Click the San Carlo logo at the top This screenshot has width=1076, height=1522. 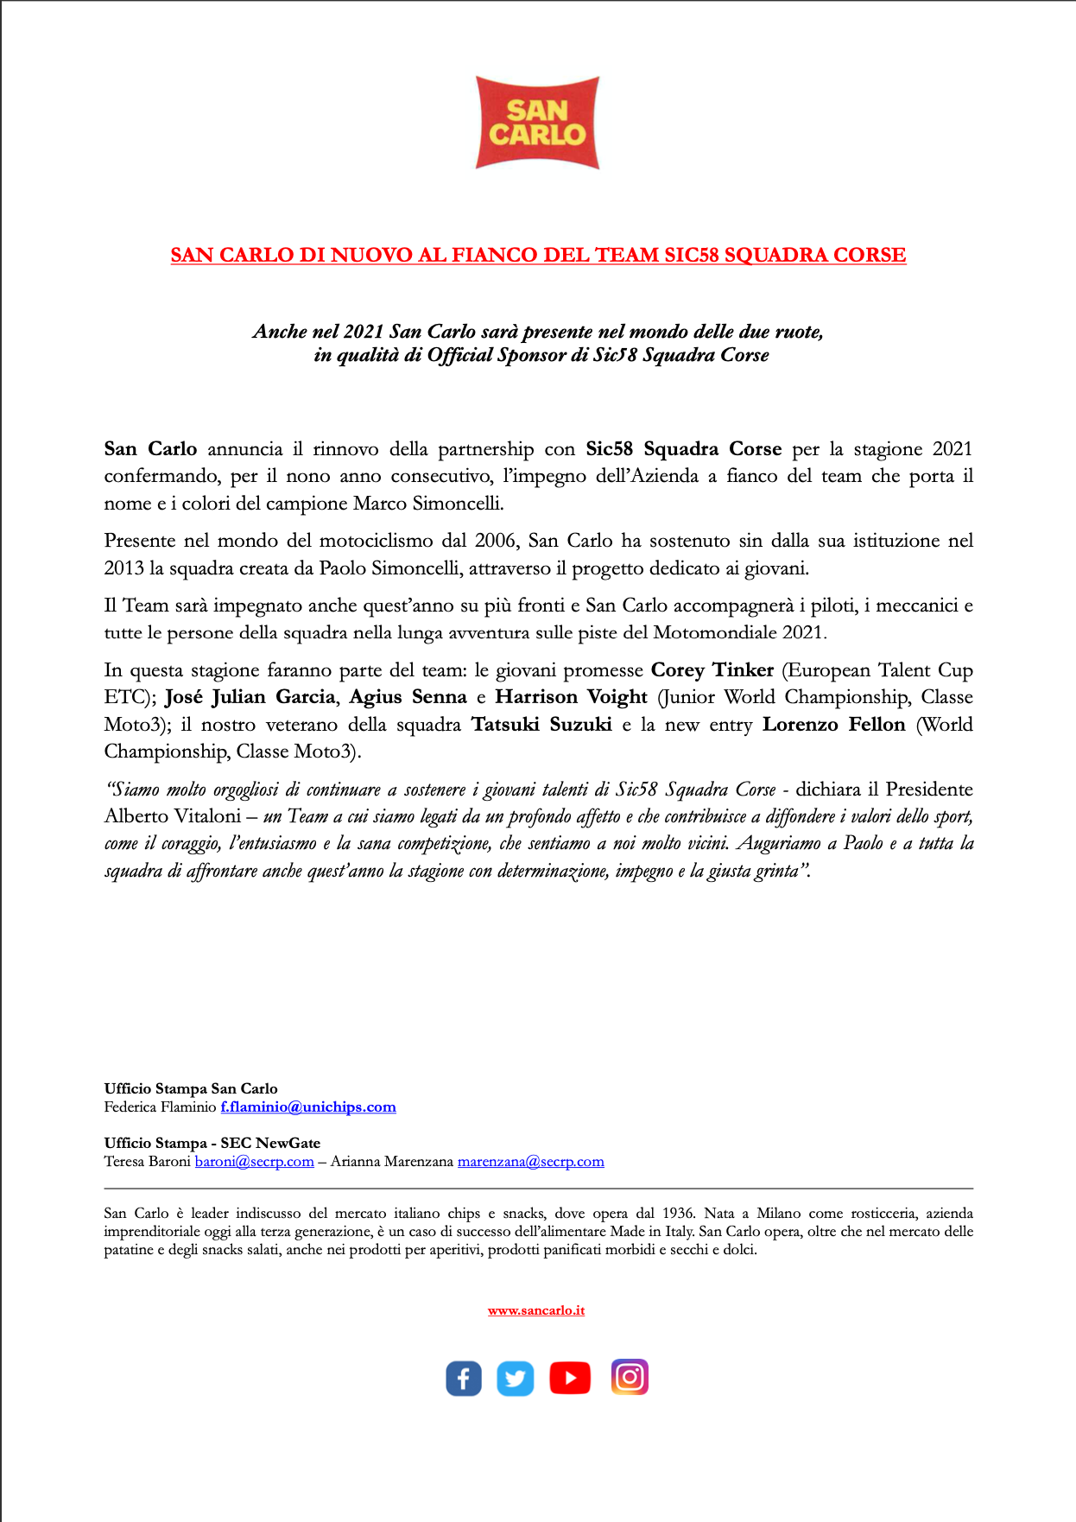click(x=537, y=123)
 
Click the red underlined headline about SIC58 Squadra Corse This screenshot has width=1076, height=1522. click(x=538, y=255)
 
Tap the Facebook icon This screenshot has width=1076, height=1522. click(x=464, y=1378)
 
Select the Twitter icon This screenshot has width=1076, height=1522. click(x=516, y=1378)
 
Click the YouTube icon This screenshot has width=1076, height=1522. click(x=570, y=1378)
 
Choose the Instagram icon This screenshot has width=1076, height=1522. click(x=630, y=1377)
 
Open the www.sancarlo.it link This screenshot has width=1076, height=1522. click(x=536, y=1310)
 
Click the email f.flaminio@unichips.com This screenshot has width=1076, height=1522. click(x=308, y=1107)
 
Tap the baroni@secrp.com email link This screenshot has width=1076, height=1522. click(x=254, y=1162)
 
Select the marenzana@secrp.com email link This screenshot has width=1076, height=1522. click(x=530, y=1162)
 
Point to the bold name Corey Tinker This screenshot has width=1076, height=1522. click(x=712, y=670)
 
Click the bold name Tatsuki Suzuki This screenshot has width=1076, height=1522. click(x=541, y=725)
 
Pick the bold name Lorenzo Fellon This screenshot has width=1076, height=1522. click(x=833, y=725)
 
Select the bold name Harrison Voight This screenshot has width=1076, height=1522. click(x=571, y=697)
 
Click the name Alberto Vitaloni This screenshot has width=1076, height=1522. click(x=173, y=816)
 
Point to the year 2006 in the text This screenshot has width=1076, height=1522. click(x=496, y=541)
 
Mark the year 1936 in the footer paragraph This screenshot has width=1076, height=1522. click(x=678, y=1214)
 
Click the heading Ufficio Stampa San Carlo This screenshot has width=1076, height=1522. click(x=191, y=1088)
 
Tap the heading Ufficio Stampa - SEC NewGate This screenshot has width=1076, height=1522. click(x=212, y=1143)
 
